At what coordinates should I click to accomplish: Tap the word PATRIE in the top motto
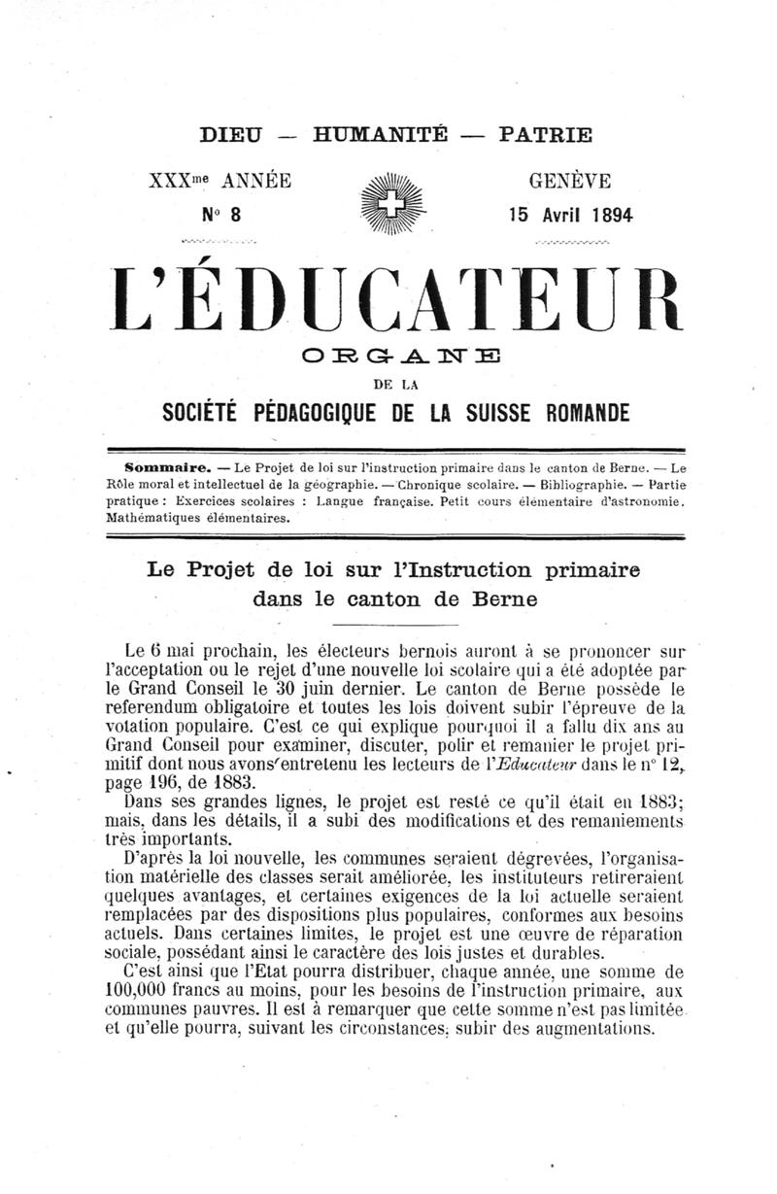click(x=544, y=136)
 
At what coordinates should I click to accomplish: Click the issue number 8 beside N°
click(x=234, y=216)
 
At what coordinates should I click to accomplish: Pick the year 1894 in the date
click(x=608, y=216)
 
